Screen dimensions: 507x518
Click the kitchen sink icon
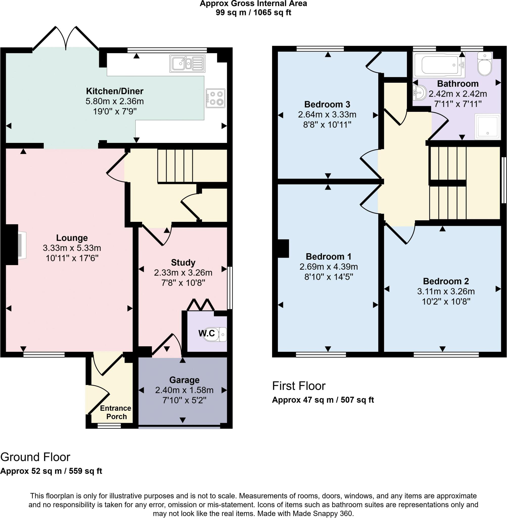[187, 64]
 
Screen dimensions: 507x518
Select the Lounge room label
[72, 238]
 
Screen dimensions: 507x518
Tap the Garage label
[184, 380]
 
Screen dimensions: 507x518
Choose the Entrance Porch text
[116, 412]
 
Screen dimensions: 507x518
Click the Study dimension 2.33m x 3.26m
[183, 273]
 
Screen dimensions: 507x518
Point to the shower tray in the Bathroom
[487, 126]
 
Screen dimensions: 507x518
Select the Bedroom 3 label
[327, 104]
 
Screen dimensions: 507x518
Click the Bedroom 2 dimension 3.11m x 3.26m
[446, 291]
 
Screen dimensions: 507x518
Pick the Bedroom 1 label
[328, 256]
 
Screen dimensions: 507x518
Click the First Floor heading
[299, 386]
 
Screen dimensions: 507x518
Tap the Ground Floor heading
[35, 457]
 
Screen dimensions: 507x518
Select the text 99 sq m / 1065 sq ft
[253, 12]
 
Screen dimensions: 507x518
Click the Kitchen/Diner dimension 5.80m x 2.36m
[115, 101]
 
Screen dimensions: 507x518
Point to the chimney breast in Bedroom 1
[283, 248]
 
